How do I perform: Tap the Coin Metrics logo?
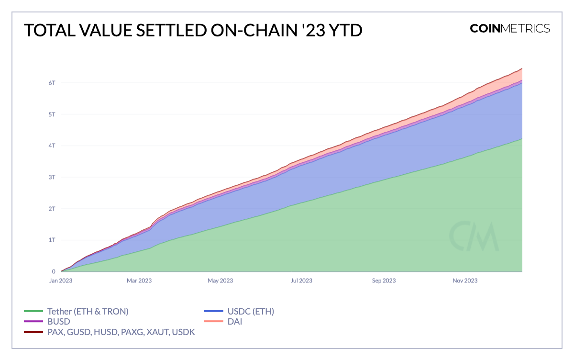coord(510,28)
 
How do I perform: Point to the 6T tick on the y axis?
coord(52,83)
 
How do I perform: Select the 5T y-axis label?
coord(52,114)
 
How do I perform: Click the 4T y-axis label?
coord(52,146)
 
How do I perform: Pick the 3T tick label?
coord(52,177)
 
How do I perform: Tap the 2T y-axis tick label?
coord(52,209)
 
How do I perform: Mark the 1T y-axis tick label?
coord(52,240)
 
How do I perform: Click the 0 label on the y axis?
coord(54,271)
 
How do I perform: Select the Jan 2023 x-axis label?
coord(60,281)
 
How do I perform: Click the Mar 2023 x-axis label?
coord(139,281)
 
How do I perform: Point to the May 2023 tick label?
coord(220,281)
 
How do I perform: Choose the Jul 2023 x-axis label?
coord(301,281)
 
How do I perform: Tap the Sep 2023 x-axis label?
coord(383,281)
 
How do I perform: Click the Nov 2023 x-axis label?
coord(464,281)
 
